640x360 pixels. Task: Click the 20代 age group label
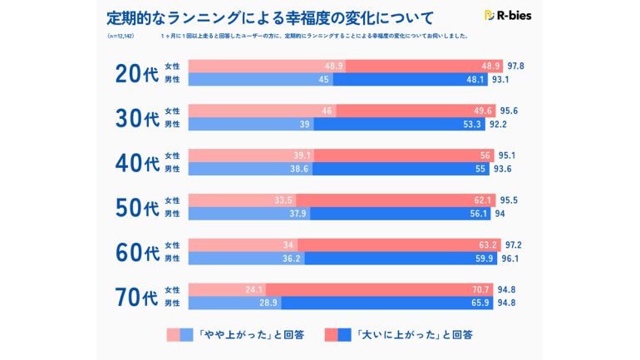pos(136,72)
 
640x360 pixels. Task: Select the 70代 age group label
pos(136,296)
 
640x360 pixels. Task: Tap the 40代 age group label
pos(136,162)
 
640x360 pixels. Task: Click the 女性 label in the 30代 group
pos(172,111)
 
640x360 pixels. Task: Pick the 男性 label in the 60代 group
pos(172,259)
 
